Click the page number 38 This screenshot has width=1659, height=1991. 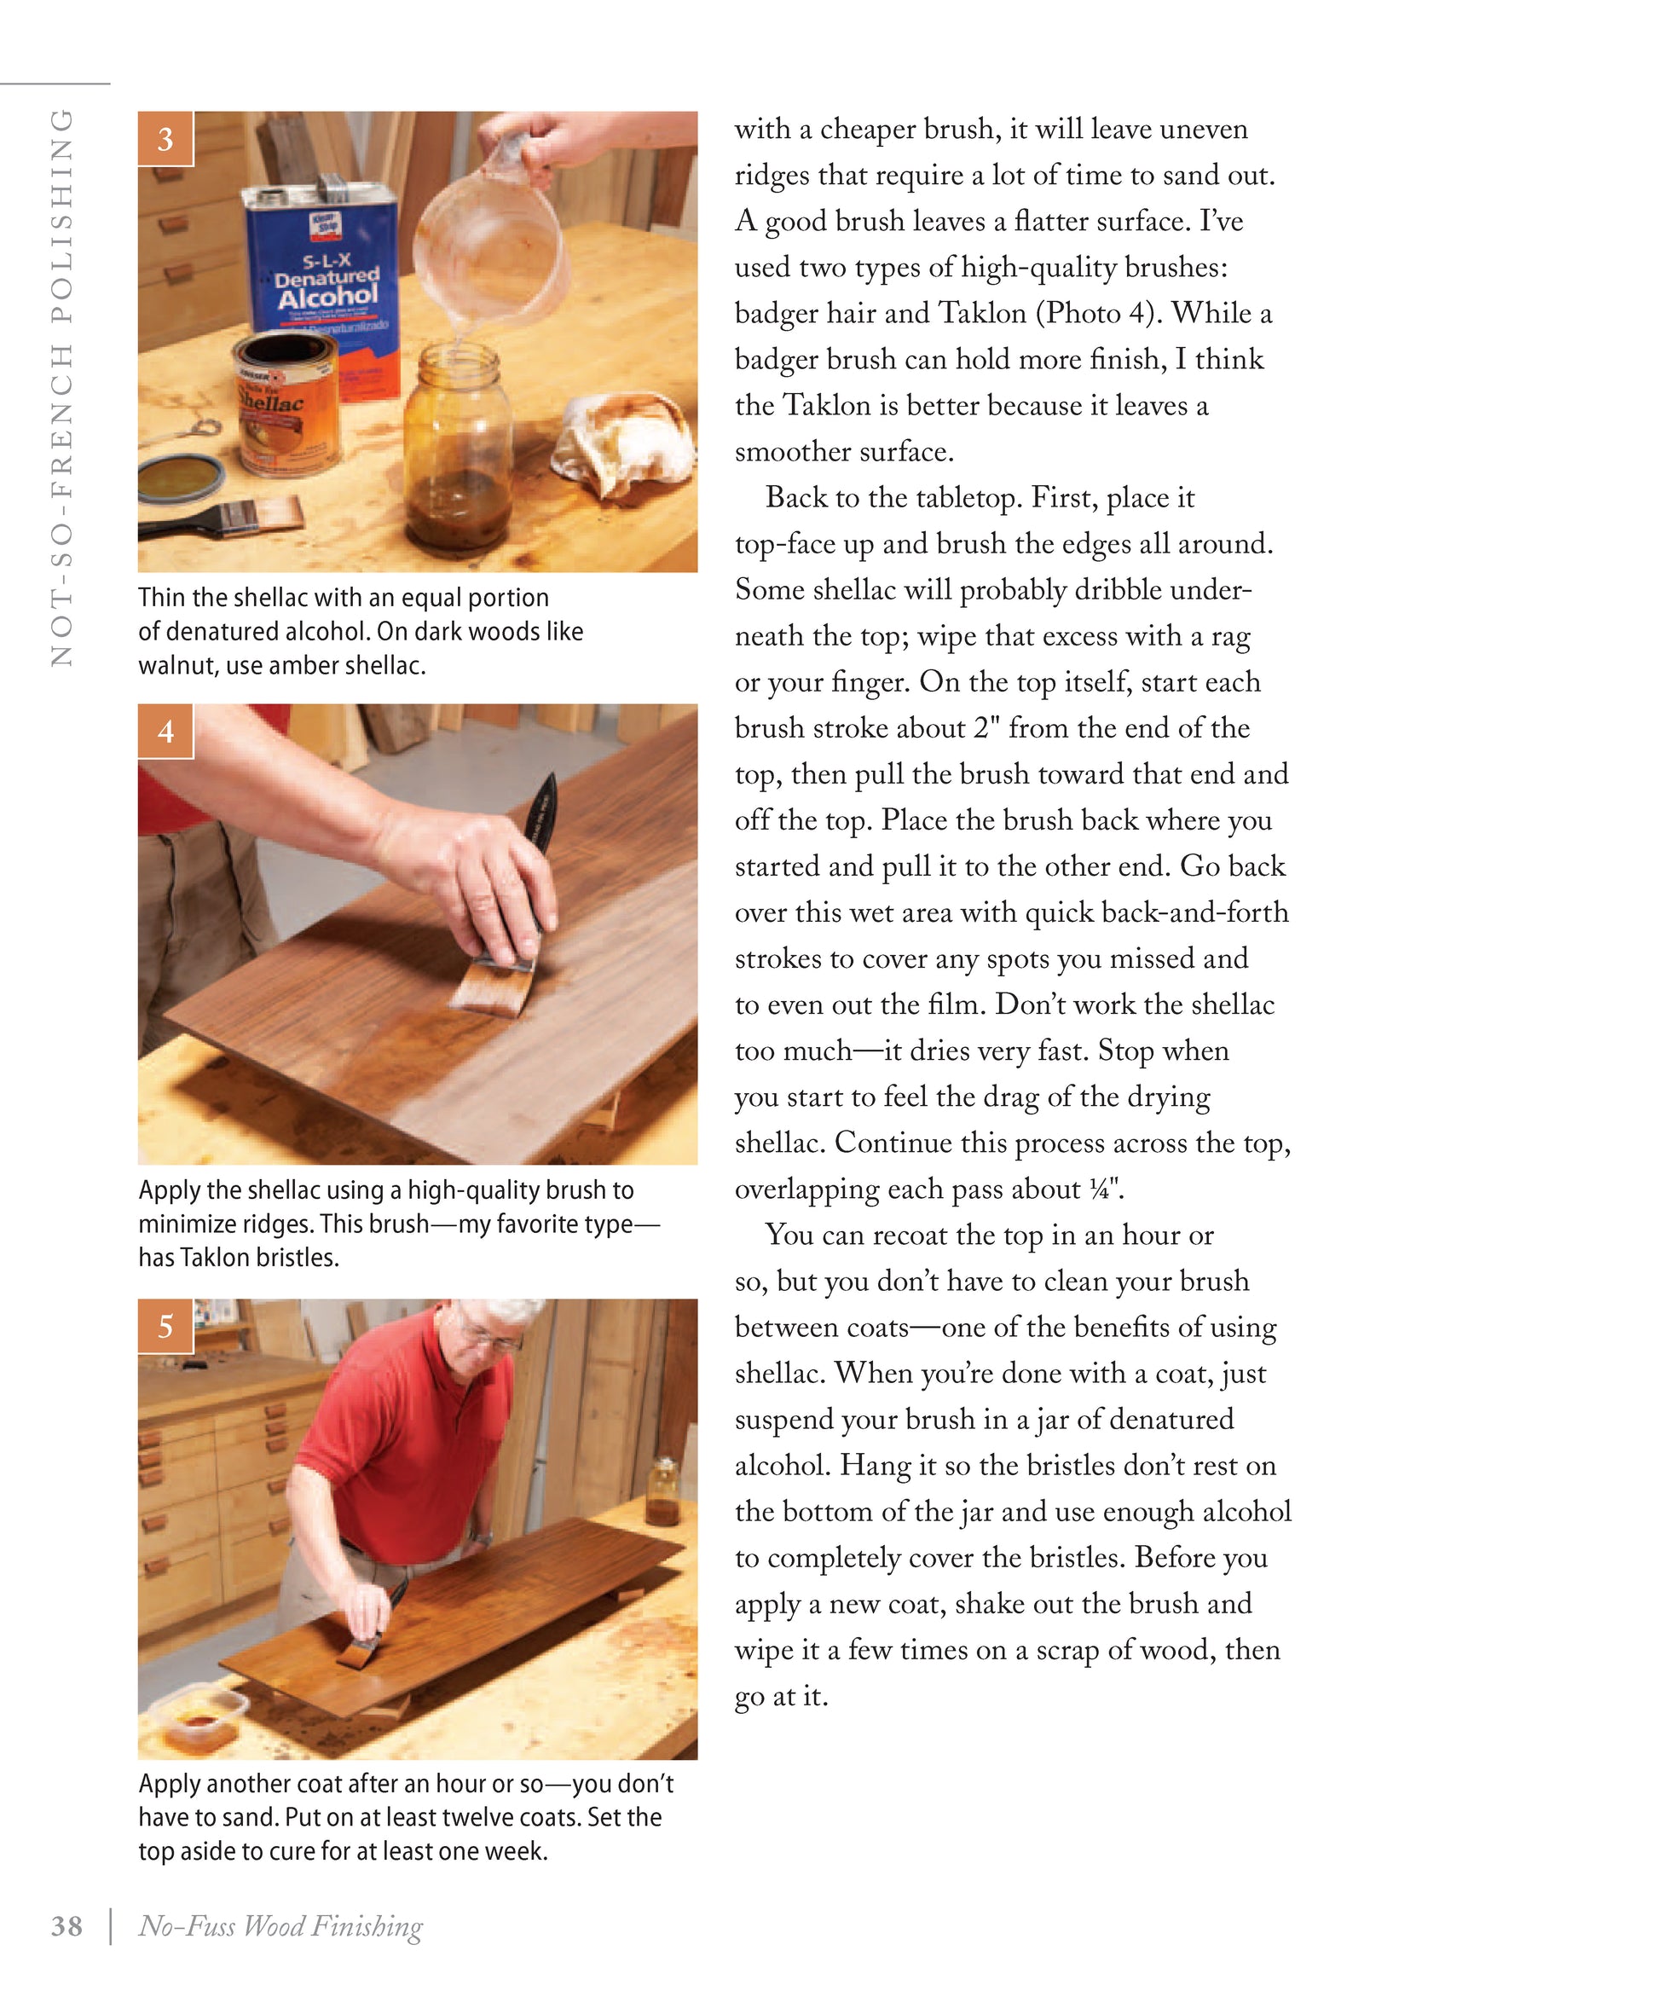(66, 1926)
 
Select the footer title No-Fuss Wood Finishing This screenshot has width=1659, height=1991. (280, 1926)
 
